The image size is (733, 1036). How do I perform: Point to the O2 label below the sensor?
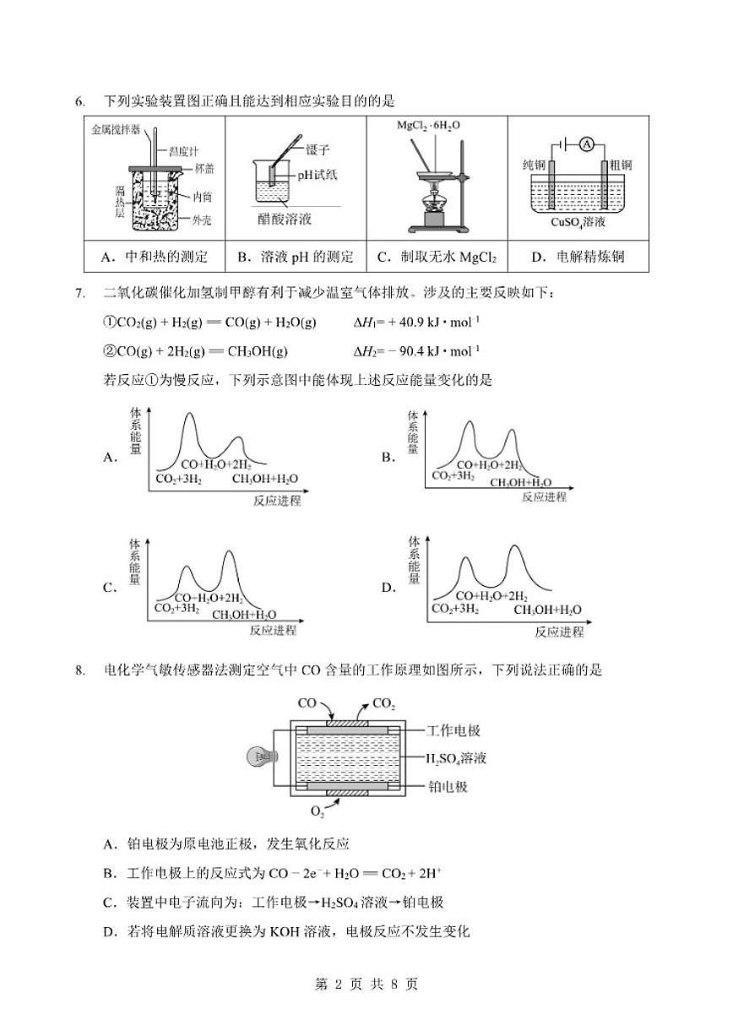click(318, 811)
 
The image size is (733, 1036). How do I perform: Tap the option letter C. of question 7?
click(109, 588)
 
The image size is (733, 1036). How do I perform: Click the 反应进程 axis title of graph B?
click(544, 496)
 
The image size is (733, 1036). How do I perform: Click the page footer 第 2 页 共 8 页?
click(366, 984)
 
